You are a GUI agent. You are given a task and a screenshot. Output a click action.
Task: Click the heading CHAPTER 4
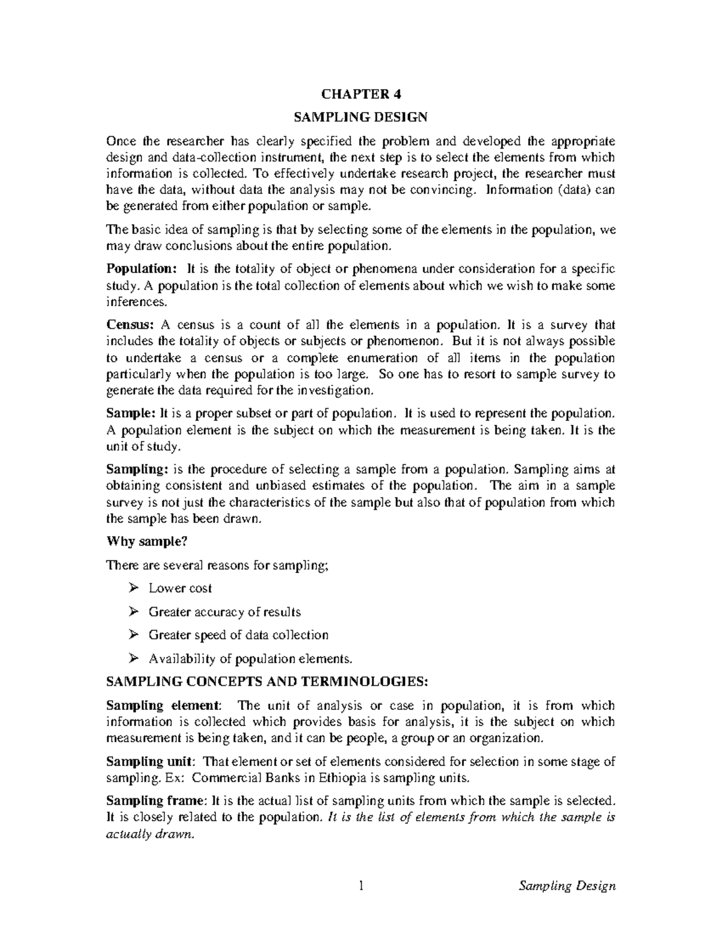click(360, 95)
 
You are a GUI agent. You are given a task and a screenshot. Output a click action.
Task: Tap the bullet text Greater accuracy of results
click(224, 612)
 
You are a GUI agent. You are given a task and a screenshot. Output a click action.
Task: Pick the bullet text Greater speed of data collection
click(238, 635)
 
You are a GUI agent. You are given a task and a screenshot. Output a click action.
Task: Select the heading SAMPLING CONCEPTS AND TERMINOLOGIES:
click(267, 682)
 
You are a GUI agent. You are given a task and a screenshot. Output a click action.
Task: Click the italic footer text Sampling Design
click(567, 886)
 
